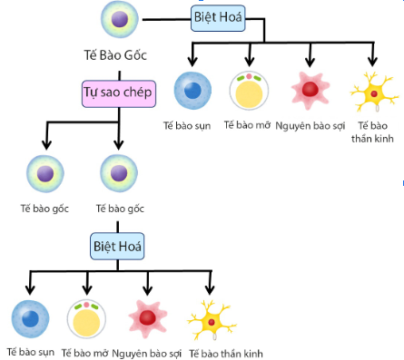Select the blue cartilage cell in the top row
(x=191, y=91)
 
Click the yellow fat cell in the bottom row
(x=88, y=318)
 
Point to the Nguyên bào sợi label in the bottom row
(x=148, y=351)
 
